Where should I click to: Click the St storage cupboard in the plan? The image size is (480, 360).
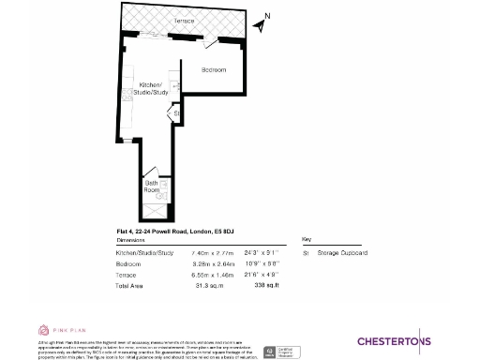tap(176, 114)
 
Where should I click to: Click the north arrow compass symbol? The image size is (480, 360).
tap(262, 22)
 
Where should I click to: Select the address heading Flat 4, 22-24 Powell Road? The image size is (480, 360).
tap(173, 231)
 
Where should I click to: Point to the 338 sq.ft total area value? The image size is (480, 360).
tap(255, 287)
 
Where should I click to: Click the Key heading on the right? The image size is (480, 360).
tap(305, 239)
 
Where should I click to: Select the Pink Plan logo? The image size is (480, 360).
tap(58, 330)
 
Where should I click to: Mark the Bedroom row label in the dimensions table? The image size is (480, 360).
tap(128, 264)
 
